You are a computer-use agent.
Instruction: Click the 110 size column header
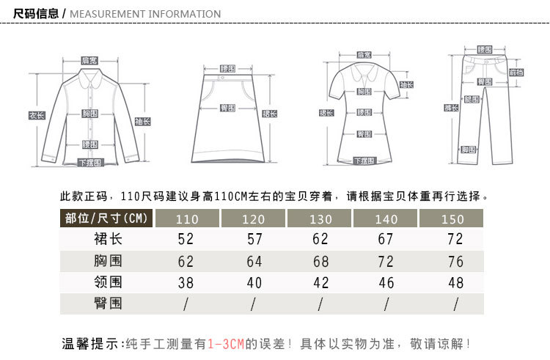(188, 219)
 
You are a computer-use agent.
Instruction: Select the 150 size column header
(453, 219)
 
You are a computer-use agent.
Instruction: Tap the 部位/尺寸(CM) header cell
(106, 218)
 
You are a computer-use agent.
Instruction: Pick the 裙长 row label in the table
(107, 239)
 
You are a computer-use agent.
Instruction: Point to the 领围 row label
(107, 282)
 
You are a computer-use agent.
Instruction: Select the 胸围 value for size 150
(455, 261)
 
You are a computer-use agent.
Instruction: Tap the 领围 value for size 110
(186, 282)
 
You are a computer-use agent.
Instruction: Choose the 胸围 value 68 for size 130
(320, 261)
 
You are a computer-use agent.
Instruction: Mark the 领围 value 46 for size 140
(386, 282)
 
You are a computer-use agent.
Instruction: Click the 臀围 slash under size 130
(320, 303)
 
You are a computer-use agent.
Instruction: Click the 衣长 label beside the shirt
(37, 115)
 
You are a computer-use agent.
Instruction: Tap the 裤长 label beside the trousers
(452, 108)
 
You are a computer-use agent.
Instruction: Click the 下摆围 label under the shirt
(90, 163)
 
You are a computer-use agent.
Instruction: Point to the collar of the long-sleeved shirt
(90, 76)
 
